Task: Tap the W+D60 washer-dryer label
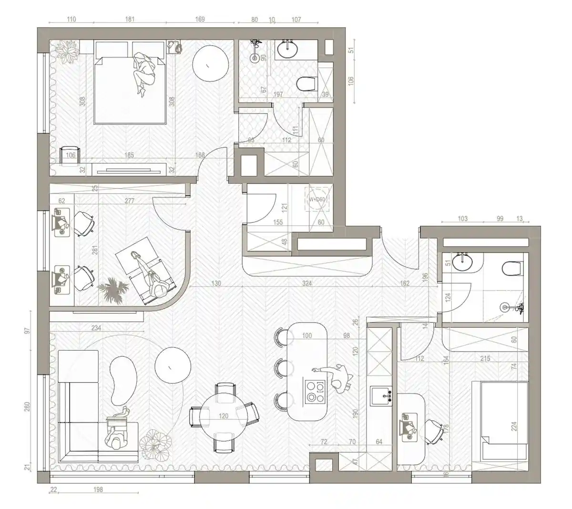point(317,199)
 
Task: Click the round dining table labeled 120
point(223,416)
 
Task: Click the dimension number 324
point(307,283)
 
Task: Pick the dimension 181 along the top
point(129,20)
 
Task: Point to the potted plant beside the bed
point(65,51)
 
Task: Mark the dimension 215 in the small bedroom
point(485,358)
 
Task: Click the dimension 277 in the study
point(129,201)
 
